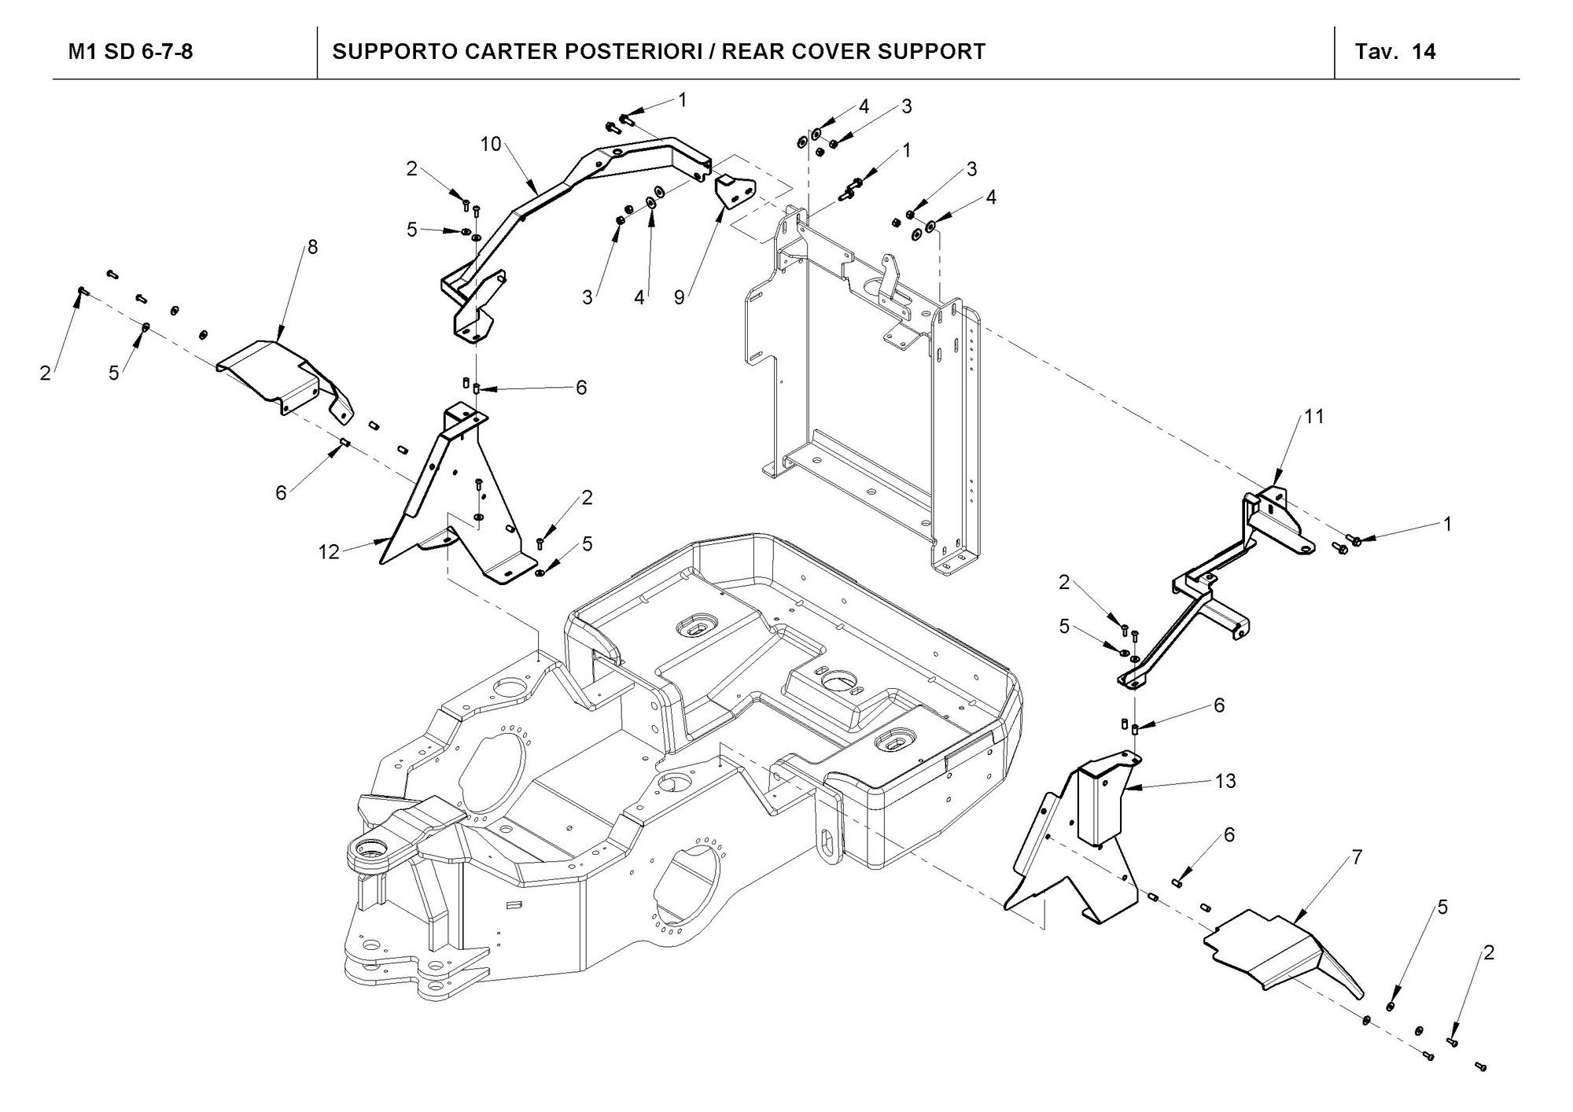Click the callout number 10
point(491,145)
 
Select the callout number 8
point(313,247)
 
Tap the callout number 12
point(329,552)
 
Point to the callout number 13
point(1225,781)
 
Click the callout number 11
point(1314,416)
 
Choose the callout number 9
point(679,298)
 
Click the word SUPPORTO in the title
point(383,52)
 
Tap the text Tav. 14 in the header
point(1395,52)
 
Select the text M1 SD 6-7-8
point(131,52)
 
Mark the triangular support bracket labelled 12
point(456,503)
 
